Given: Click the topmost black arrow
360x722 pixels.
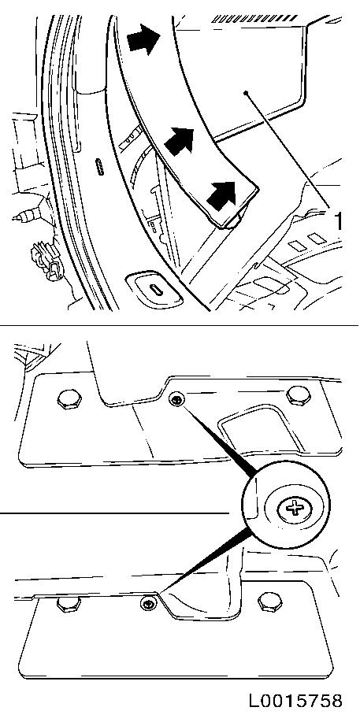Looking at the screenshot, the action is point(143,39).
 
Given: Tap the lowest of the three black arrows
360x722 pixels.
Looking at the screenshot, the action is point(221,194).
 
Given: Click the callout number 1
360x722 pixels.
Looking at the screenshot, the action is point(338,221).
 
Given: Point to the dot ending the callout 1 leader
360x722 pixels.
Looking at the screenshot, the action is point(247,93).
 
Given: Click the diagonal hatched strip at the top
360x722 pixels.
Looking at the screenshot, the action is point(254,18).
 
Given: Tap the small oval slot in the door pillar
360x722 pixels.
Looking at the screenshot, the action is point(99,166).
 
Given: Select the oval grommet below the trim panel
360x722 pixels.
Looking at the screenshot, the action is point(156,291).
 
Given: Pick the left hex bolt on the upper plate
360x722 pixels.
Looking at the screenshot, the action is point(69,399).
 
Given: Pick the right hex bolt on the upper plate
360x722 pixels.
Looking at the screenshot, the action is point(299,395).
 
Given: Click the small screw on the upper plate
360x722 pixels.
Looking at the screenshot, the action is point(176,399).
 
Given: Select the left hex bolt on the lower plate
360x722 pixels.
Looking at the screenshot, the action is point(69,604).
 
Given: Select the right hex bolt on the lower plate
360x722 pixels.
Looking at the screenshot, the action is point(270,602).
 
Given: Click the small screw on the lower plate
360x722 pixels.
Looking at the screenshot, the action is point(148,604).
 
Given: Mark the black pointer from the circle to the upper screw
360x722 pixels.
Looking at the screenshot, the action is point(217,438).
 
